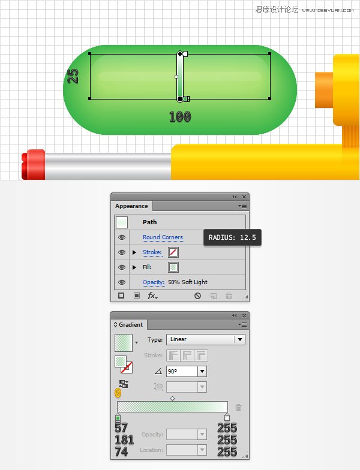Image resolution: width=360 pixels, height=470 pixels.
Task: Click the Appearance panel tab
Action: point(131,206)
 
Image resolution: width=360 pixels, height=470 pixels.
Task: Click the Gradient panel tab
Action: point(130,324)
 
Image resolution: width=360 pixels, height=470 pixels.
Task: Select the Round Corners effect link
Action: point(163,237)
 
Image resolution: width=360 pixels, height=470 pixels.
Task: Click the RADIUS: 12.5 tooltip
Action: point(232,238)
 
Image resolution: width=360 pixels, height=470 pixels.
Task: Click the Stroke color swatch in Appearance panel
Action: point(173,252)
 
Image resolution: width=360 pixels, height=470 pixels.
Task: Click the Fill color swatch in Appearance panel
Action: point(173,267)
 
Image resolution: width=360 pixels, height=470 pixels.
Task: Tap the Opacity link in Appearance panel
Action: point(153,282)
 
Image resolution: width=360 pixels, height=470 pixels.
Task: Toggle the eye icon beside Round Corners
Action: point(122,237)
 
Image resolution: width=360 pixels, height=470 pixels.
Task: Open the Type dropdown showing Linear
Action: point(205,339)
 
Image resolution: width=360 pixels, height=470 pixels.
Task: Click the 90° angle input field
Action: point(182,372)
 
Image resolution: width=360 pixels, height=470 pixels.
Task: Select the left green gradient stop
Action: point(118,417)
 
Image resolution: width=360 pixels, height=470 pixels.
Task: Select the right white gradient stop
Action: point(227,417)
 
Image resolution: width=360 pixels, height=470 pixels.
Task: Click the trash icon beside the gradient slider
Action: point(238,408)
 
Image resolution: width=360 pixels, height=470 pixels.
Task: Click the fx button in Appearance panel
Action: point(153,296)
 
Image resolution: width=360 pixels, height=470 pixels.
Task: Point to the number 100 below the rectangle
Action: point(179,117)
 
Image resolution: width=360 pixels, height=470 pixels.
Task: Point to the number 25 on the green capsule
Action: point(73,76)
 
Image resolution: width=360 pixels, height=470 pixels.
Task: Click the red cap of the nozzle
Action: point(34,164)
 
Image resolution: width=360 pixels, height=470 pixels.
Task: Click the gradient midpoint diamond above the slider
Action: point(172,398)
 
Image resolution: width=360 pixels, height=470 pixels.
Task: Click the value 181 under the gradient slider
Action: point(124,440)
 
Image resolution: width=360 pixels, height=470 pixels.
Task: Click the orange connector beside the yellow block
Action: point(324,89)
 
